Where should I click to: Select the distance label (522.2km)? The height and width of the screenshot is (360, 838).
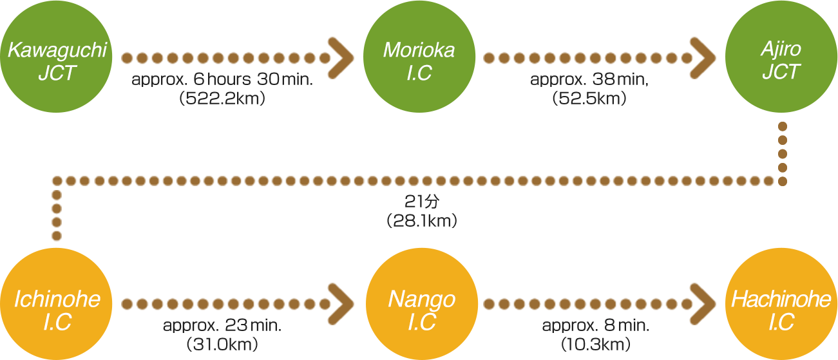click(222, 98)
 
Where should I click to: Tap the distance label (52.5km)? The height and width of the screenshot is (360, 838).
click(587, 98)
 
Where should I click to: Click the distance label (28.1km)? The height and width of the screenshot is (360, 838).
click(422, 222)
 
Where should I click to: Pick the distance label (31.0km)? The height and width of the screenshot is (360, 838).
click(222, 344)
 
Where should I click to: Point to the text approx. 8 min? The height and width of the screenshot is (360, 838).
click(595, 326)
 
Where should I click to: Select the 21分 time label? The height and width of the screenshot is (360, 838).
click(421, 202)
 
